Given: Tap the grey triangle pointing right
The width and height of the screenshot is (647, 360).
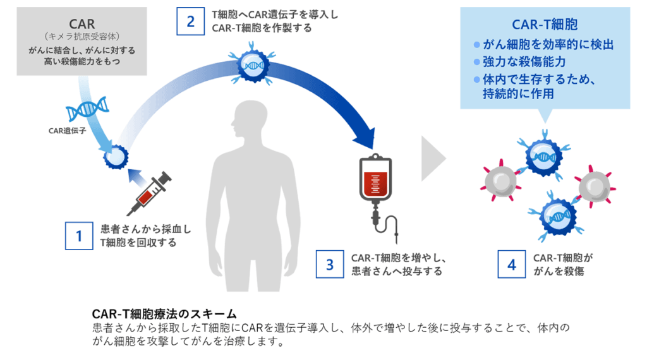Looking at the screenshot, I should point(432,157).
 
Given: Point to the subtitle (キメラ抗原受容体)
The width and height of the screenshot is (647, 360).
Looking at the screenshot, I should point(81,37).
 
